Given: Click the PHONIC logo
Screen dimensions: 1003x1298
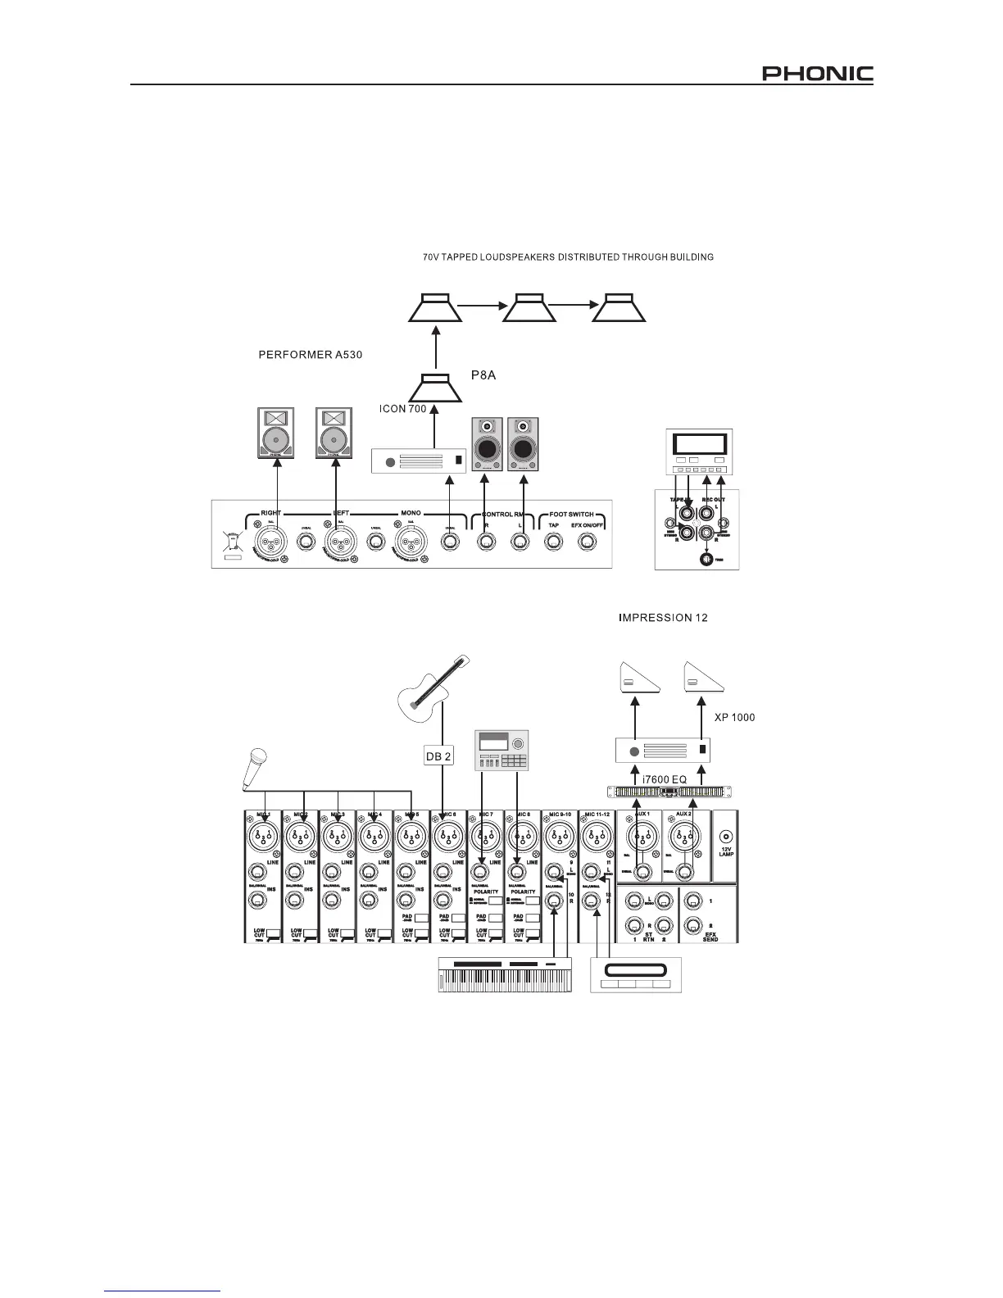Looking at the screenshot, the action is (x=818, y=75).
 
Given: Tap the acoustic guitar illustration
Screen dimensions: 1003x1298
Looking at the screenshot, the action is (x=433, y=692).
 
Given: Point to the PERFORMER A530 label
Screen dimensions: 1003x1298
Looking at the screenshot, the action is (x=309, y=355).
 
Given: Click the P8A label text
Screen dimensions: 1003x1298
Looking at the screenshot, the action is (x=483, y=374).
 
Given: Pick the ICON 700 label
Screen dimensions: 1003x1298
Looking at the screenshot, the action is (x=402, y=408).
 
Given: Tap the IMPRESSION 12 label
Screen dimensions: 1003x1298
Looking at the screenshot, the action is (x=662, y=618).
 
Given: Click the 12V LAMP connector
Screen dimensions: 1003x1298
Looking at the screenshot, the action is (x=725, y=837).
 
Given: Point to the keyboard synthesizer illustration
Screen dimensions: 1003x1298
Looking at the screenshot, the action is (x=506, y=974).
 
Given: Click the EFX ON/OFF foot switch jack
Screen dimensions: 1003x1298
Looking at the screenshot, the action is (x=587, y=541).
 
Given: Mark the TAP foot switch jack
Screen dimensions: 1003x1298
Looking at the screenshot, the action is (x=554, y=541).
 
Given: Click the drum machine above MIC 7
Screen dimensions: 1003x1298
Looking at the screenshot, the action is (x=501, y=750).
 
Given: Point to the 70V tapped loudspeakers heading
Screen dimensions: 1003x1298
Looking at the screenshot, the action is (x=568, y=257).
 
